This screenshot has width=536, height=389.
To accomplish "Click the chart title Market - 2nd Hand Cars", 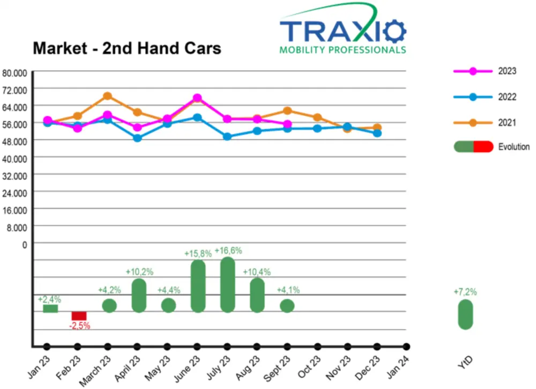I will tap(126, 48).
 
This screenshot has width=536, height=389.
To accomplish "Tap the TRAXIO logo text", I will tap(343, 32).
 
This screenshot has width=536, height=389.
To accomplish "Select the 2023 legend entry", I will tap(507, 71).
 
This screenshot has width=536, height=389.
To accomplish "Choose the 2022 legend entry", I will tap(507, 97).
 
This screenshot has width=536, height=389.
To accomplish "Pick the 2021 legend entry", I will tap(507, 123).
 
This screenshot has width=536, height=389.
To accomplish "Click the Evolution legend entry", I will tap(513, 147).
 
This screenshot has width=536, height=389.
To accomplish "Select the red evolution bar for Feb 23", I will tap(79, 315).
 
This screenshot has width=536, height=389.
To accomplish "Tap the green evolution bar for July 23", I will tap(228, 284).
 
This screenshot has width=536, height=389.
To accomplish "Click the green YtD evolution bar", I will tap(465, 314).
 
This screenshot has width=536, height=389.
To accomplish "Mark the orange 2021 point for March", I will tap(107, 96).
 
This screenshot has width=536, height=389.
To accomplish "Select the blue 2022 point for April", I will tap(138, 138).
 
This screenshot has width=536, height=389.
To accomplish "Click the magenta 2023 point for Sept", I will tap(287, 124).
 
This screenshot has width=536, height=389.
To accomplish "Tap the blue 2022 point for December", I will tap(377, 133).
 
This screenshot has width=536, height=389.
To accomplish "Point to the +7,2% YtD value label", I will tap(465, 292).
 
